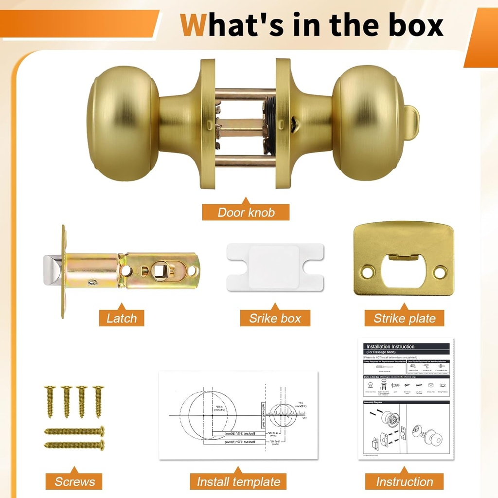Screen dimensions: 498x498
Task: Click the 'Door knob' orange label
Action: coord(246,213)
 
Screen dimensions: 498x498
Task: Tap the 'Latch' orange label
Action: coord(122,319)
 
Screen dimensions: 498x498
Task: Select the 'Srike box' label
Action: coord(275,319)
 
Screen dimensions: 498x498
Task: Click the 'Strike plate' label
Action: coord(405,319)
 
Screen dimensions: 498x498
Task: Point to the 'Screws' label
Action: coord(74,481)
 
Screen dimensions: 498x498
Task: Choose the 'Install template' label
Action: coord(238,481)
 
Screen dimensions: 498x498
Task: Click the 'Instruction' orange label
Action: coord(405,481)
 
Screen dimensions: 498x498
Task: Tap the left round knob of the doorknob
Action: coord(122,124)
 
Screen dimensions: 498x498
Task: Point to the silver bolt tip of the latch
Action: coord(52,271)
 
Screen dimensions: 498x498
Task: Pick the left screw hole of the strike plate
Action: coord(368,272)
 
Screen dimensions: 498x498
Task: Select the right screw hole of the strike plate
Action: coord(440,272)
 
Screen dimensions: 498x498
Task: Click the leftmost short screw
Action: coord(49,401)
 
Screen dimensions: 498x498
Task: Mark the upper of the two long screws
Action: coord(74,430)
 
